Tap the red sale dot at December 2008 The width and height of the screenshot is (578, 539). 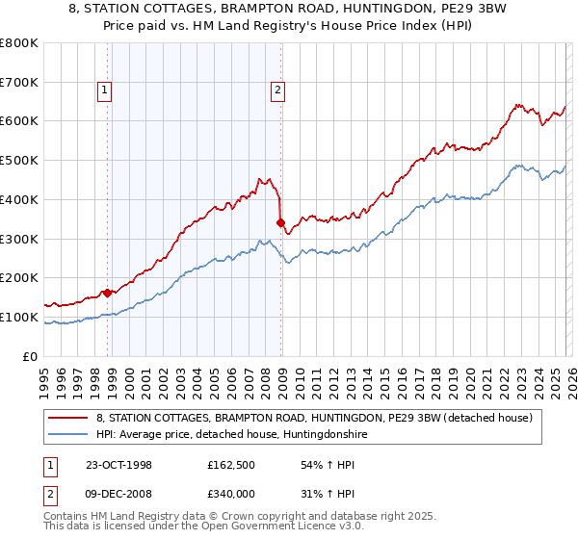pyautogui.click(x=280, y=222)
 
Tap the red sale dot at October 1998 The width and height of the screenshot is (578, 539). pyautogui.click(x=108, y=292)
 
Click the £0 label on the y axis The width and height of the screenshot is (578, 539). pyautogui.click(x=31, y=356)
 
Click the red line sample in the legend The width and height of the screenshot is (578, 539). pyautogui.click(x=69, y=419)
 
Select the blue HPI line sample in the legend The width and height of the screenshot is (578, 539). pyautogui.click(x=69, y=435)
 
